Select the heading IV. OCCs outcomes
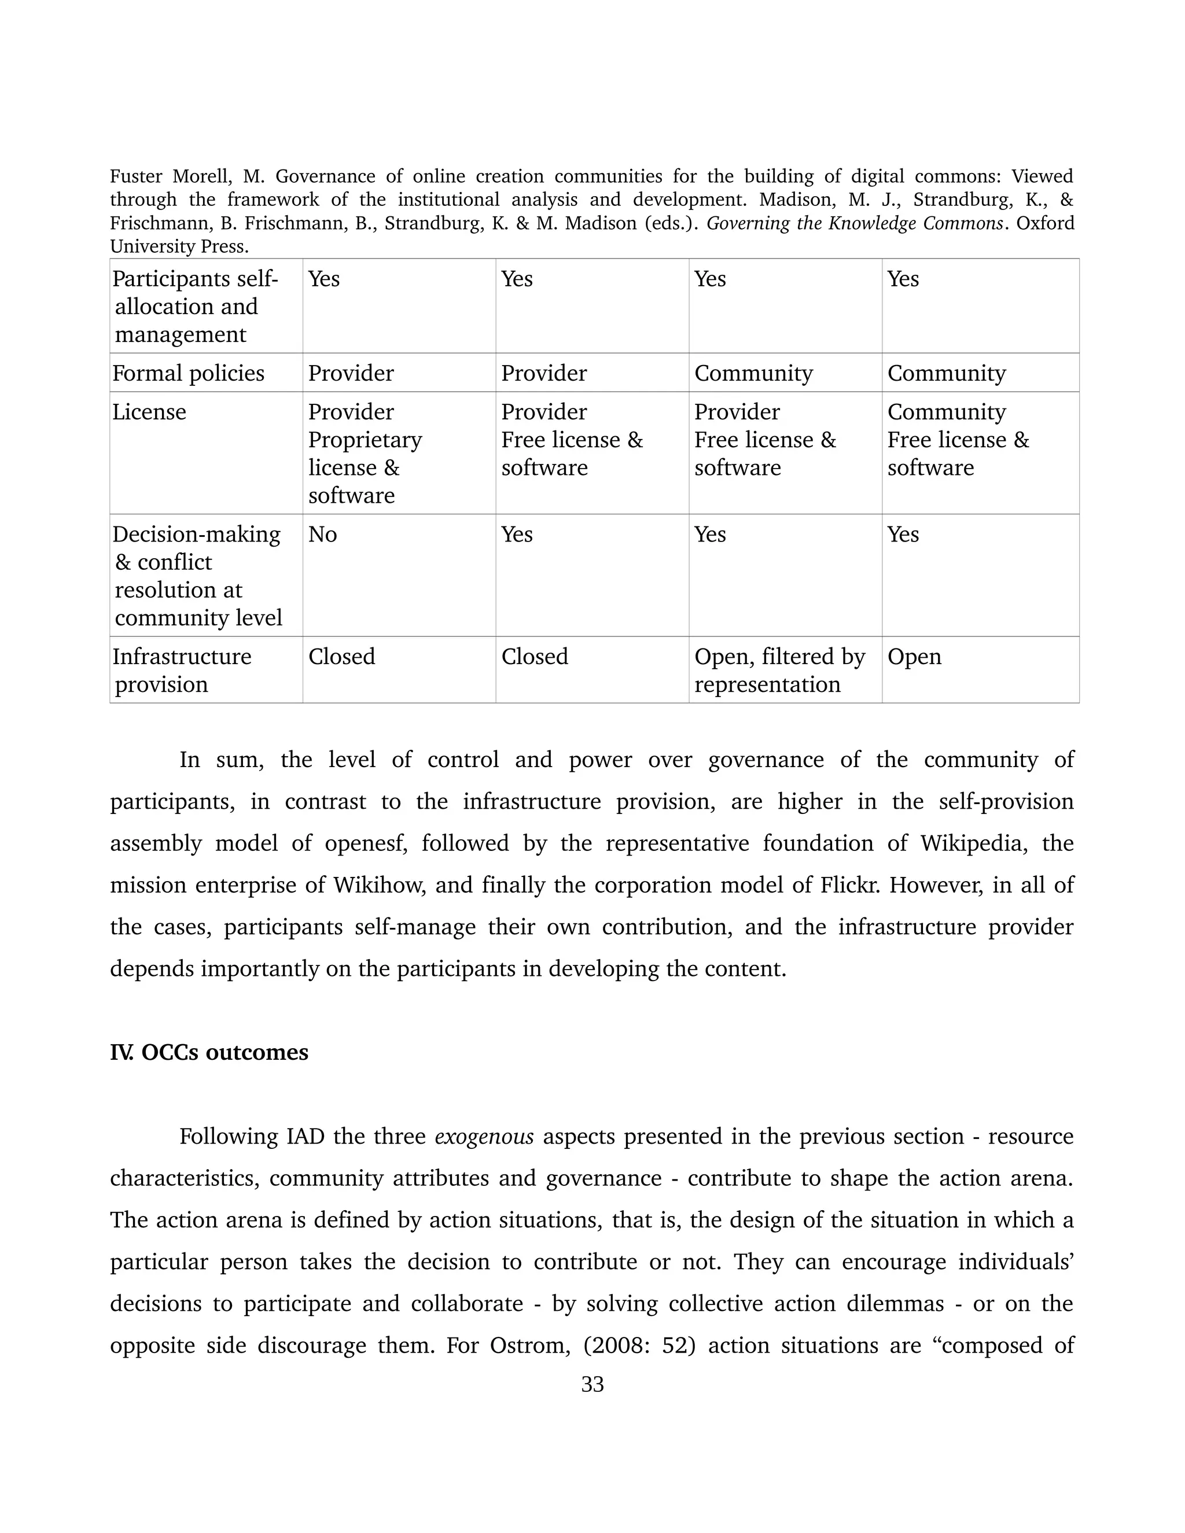[x=209, y=1052]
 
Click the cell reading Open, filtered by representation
[x=779, y=670]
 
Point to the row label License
[x=149, y=412]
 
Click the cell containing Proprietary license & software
[x=365, y=454]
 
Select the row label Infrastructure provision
[x=182, y=670]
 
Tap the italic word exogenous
[x=484, y=1136]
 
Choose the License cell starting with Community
[x=958, y=440]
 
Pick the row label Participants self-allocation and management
[x=195, y=307]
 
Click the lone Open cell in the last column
[x=914, y=657]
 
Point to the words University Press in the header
[x=179, y=247]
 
